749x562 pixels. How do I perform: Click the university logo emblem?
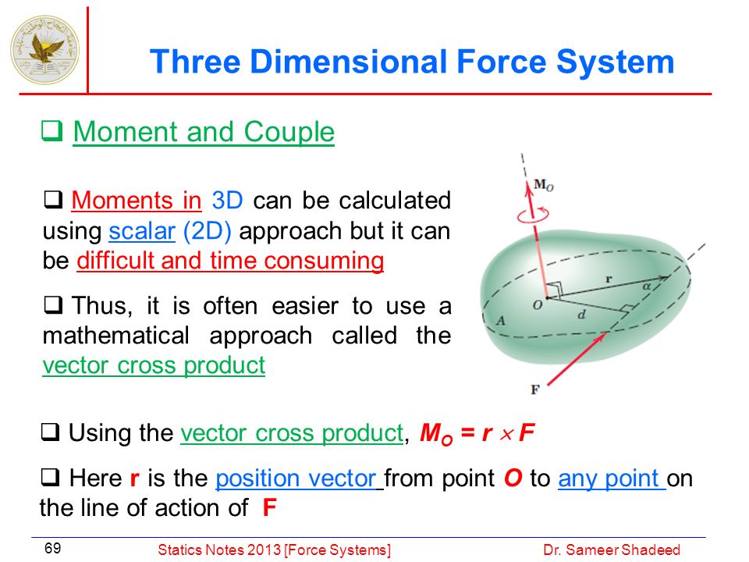45,49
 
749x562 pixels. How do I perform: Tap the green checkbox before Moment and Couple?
51,131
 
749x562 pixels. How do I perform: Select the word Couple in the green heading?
289,132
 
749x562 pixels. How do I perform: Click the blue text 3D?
227,201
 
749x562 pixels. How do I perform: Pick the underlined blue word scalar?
142,231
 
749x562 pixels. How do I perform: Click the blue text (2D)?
208,231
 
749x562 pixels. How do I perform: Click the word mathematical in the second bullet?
116,336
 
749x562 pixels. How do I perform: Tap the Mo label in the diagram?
544,184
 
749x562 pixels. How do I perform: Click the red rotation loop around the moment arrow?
533,215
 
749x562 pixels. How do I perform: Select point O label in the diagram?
538,305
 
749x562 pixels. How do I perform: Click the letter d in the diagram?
581,314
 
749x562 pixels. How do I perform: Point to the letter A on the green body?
501,320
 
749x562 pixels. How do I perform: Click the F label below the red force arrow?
535,389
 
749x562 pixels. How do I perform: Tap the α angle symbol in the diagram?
646,286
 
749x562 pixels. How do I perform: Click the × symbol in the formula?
507,434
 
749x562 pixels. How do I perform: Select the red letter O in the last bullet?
513,478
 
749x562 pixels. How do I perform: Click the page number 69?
52,548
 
